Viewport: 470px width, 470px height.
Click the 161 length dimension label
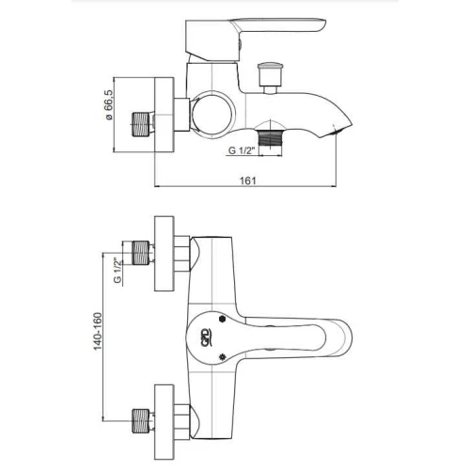(248, 180)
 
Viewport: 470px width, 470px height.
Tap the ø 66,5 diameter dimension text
(108, 104)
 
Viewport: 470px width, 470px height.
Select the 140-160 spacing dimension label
(98, 332)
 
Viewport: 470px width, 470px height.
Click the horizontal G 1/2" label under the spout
(241, 150)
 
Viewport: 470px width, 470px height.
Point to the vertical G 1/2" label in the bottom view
(117, 271)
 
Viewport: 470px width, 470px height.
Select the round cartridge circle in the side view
(212, 115)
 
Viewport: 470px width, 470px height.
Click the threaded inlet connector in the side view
(140, 124)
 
